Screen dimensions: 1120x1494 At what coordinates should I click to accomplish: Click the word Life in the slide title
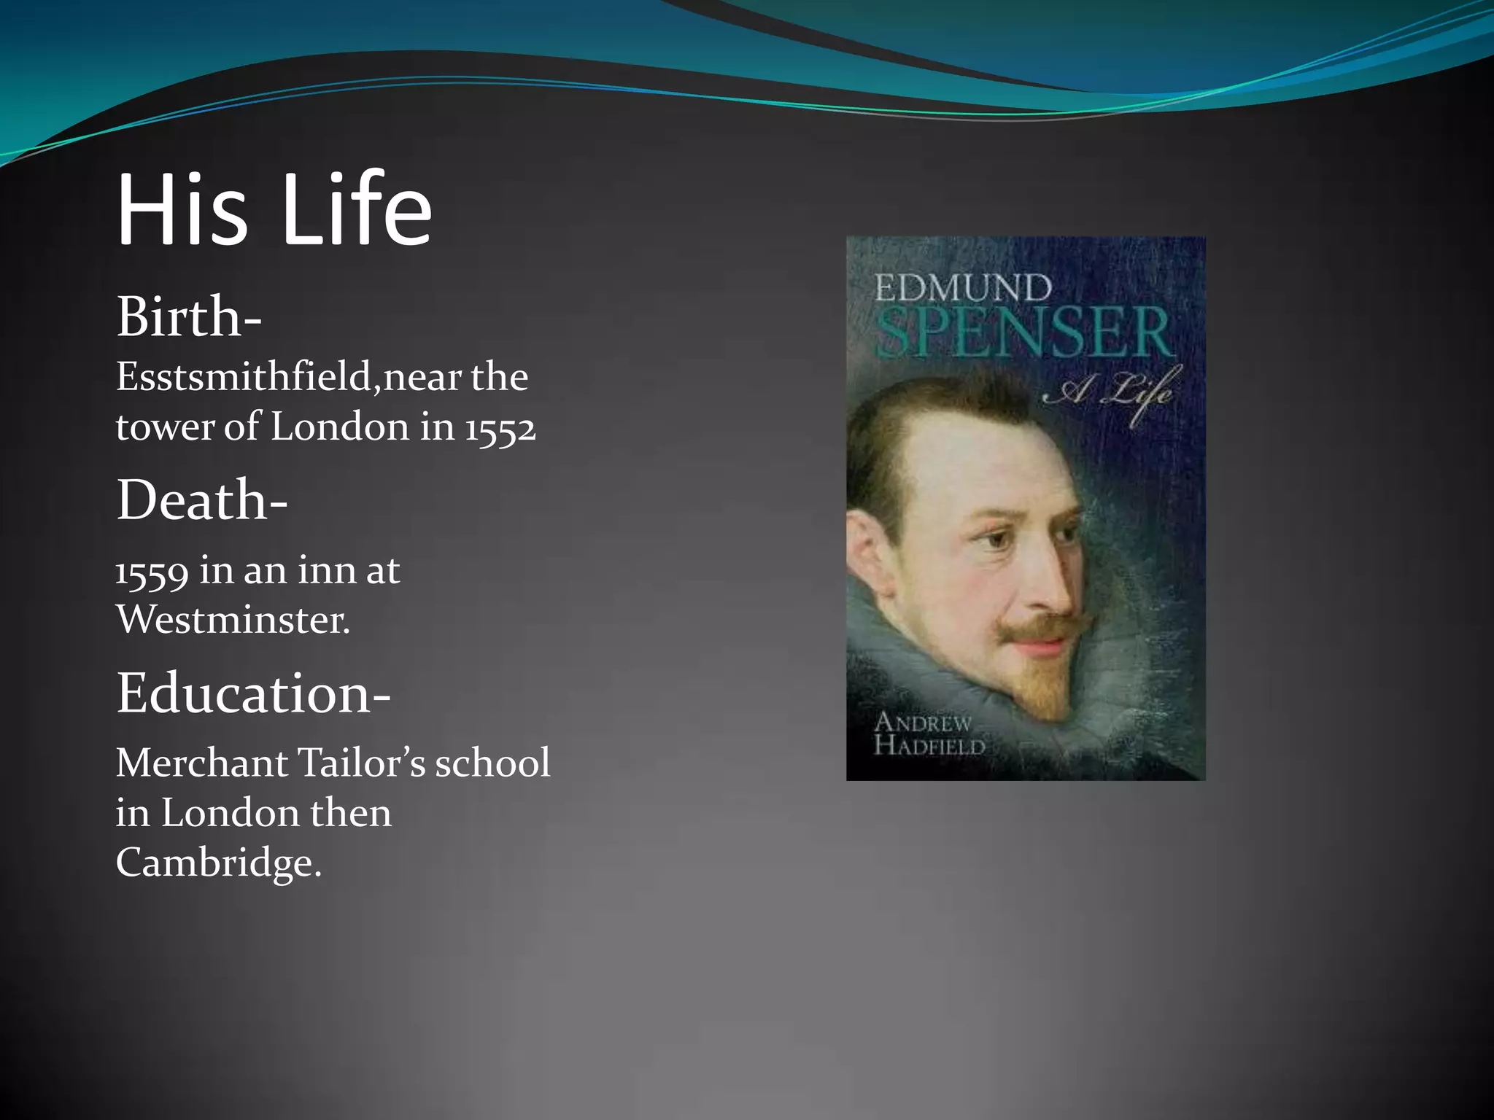pos(357,210)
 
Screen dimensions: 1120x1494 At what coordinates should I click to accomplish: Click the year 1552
pos(500,428)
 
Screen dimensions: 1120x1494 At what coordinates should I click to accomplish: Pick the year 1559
pos(152,572)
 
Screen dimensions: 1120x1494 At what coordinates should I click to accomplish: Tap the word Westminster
pos(233,621)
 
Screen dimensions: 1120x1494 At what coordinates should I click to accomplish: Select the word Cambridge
pos(218,863)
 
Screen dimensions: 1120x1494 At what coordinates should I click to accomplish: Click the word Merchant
pos(202,764)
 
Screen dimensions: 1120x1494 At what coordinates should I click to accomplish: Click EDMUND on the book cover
pos(963,288)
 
